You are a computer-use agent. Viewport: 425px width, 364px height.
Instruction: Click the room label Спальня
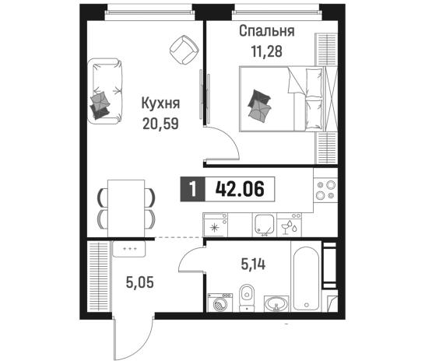(266, 33)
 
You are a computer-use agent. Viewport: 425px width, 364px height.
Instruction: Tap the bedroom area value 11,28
(266, 52)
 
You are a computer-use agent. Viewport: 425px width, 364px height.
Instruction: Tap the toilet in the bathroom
(246, 299)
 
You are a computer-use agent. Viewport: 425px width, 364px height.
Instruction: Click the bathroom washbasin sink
(273, 304)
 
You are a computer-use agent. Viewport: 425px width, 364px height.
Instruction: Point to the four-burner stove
(323, 193)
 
